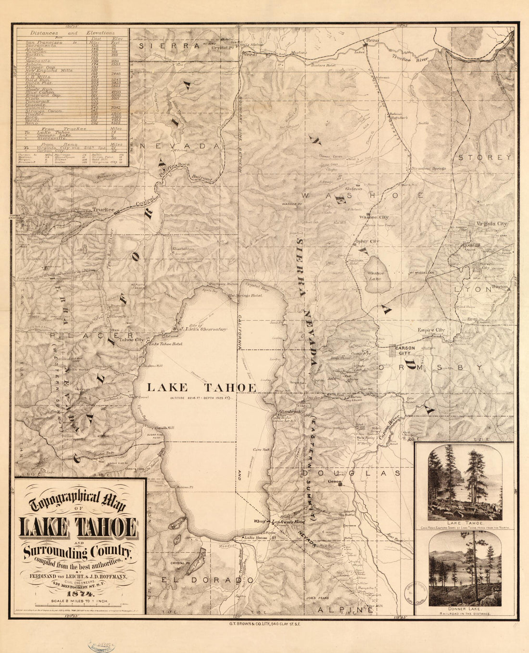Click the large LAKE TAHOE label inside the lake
tap(201, 388)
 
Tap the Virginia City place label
tap(491, 224)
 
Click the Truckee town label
tap(104, 210)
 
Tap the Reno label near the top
tap(372, 40)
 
